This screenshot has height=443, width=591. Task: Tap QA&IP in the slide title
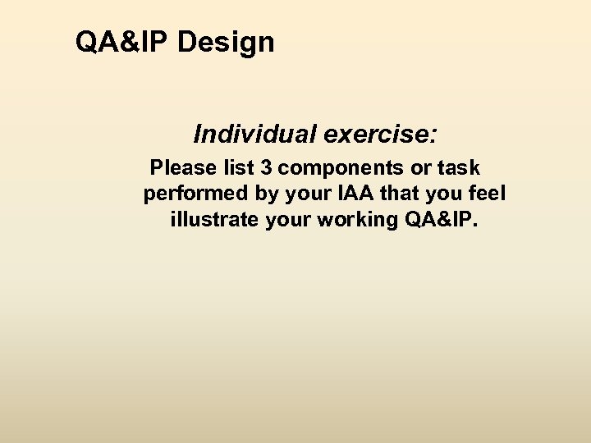[x=122, y=42]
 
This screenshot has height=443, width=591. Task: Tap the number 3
[x=266, y=168]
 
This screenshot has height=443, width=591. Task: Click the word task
[x=460, y=168]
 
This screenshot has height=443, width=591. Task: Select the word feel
[x=489, y=194]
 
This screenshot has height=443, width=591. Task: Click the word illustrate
[x=214, y=221]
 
